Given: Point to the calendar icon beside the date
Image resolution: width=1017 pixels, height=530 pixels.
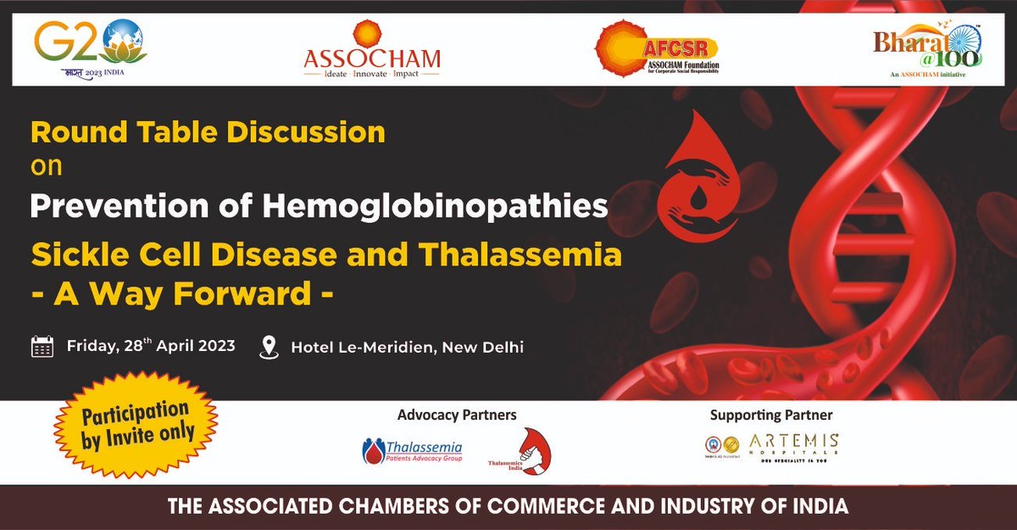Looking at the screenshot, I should pos(42,347).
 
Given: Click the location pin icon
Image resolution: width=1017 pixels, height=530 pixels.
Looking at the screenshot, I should pos(270,347).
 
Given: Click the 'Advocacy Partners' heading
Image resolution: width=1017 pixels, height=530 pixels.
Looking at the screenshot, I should pos(457,416).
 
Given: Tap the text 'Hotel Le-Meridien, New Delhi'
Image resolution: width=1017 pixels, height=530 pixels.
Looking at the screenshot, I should pos(407,347).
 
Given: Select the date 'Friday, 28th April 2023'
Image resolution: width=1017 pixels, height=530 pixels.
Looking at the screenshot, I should pos(151,346).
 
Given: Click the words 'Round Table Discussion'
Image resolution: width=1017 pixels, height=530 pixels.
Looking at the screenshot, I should pos(208,132).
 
